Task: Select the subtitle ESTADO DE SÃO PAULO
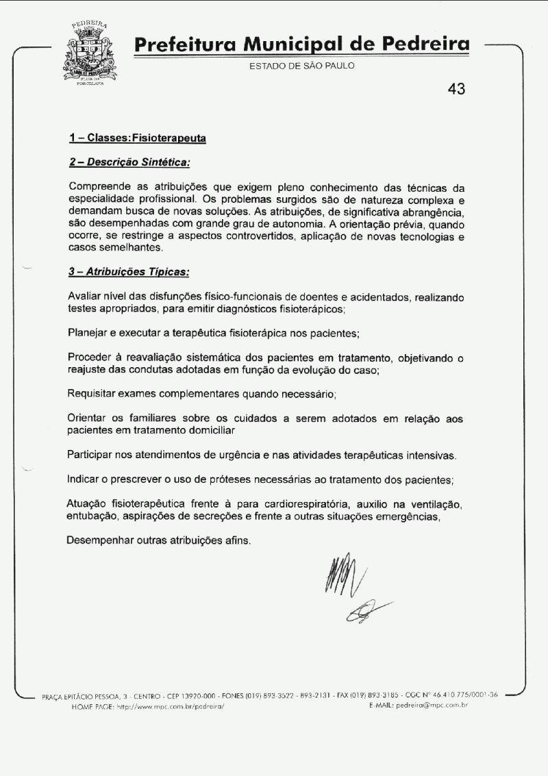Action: click(302, 66)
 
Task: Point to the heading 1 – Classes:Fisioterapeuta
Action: click(138, 138)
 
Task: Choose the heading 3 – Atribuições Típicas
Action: click(129, 271)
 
